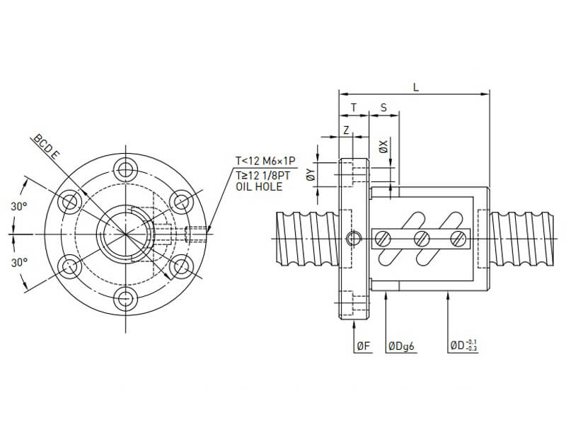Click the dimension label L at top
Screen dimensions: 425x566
[415, 87]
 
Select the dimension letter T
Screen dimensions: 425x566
[354, 108]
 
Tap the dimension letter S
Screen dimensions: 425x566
[383, 108]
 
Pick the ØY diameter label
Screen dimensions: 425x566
[311, 174]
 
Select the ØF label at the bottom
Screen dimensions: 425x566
[362, 346]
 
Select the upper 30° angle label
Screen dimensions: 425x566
[20, 206]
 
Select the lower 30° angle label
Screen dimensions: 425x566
[20, 262]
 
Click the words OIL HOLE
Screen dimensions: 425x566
[258, 187]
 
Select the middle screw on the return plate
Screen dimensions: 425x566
[422, 238]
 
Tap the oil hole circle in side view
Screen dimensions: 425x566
[352, 238]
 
